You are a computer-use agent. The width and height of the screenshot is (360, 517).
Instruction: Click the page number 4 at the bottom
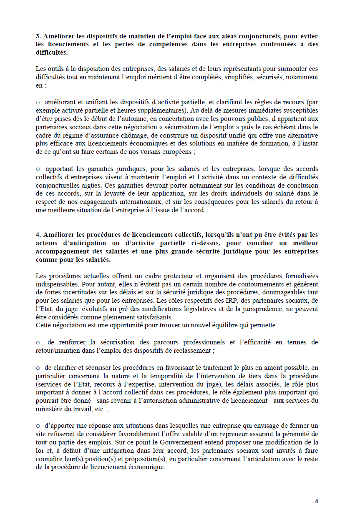click(317, 502)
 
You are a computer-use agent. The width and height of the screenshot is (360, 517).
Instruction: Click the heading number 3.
click(38, 36)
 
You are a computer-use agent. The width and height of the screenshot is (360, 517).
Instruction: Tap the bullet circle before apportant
click(38, 169)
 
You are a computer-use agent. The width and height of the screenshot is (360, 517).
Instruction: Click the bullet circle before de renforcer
click(38, 342)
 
